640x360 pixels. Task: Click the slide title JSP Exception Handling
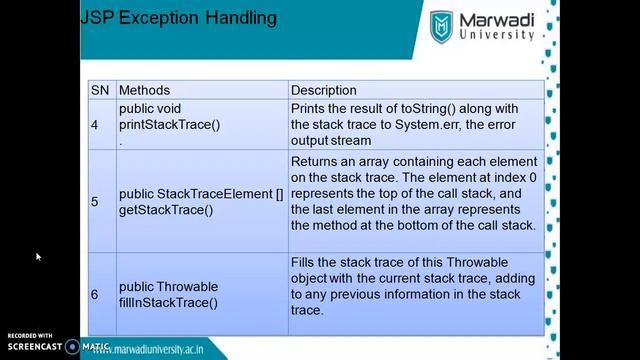[x=178, y=19]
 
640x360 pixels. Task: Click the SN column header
[x=100, y=90]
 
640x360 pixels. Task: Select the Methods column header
[x=144, y=90]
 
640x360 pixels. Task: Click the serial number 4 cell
[x=95, y=124]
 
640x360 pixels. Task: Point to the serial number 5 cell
[x=95, y=201]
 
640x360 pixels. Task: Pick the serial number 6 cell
[x=95, y=294]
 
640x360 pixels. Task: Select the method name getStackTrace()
[x=166, y=209]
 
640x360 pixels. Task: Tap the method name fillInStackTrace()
[x=168, y=302]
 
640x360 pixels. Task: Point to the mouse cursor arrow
[x=38, y=257]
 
